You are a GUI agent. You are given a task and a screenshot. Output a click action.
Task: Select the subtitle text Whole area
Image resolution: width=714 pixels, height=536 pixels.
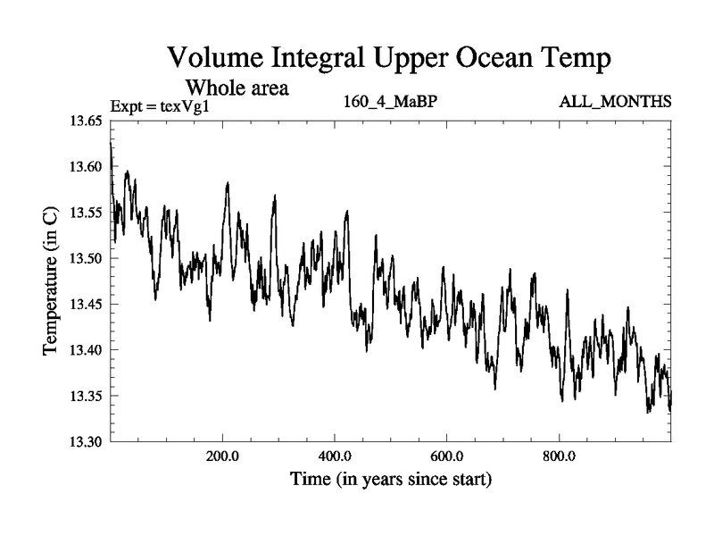pyautogui.click(x=237, y=88)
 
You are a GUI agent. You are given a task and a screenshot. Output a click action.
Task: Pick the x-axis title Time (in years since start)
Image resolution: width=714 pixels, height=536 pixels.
pyautogui.click(x=391, y=480)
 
